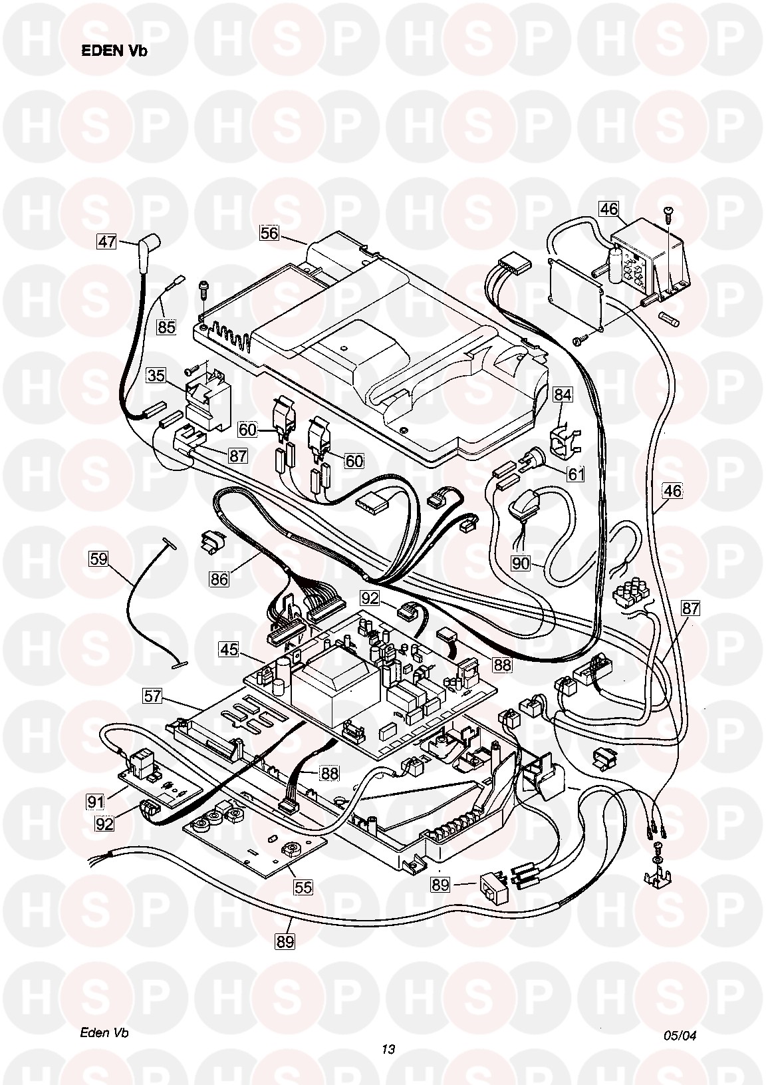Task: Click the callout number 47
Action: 106,241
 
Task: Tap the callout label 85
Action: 166,327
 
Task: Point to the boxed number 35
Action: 156,375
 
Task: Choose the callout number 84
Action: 563,395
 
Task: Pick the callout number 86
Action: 219,579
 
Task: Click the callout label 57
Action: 153,696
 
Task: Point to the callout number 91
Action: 96,802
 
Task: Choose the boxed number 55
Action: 303,887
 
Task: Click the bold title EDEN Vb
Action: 114,51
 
